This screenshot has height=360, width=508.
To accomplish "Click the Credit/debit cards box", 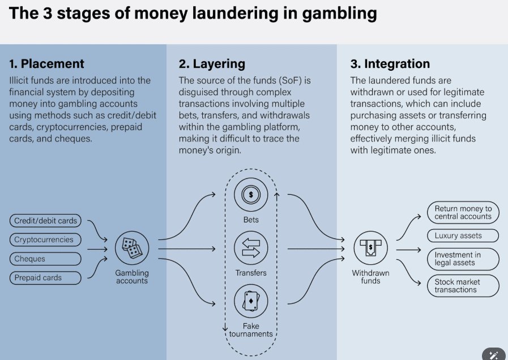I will [45, 221].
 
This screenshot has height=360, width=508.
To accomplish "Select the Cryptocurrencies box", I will [45, 239].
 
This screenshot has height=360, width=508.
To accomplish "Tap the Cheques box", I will [45, 259].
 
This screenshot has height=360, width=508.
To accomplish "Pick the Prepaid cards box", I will [45, 277].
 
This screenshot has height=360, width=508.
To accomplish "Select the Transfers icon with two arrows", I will [251, 248].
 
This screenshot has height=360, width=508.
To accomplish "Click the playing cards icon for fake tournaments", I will [251, 302].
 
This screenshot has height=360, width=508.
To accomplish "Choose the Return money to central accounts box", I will [463, 212].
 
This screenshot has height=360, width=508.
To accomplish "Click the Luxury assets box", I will [463, 235].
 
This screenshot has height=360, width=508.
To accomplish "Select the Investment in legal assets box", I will [463, 259].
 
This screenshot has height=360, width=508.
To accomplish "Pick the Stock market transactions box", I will [463, 286].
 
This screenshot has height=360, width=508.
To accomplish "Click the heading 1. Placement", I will [46, 64].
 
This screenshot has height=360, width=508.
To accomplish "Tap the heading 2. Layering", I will [212, 64].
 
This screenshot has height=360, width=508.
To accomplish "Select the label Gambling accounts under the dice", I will [132, 277].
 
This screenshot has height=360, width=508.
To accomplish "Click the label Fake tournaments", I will [251, 330].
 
